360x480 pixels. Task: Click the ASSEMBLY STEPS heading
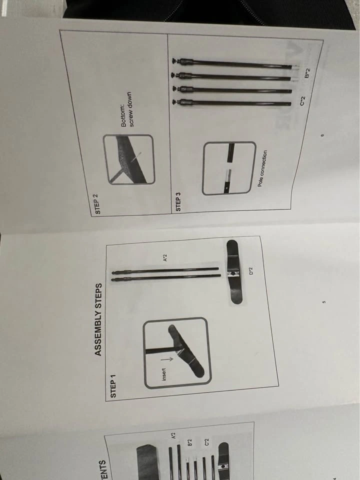click(98, 319)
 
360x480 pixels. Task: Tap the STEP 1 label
click(113, 389)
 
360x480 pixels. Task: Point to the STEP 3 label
click(177, 201)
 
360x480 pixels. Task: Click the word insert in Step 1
click(164, 374)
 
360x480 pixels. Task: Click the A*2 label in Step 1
click(165, 257)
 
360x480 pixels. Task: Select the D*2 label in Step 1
click(250, 271)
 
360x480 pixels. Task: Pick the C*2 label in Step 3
click(302, 101)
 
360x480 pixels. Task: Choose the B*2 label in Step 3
click(307, 73)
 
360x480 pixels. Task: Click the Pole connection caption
click(262, 168)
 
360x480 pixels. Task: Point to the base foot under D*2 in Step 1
click(235, 272)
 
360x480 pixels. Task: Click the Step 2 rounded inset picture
click(129, 159)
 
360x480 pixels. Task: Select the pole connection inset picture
click(229, 168)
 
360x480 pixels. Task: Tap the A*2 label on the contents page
click(173, 435)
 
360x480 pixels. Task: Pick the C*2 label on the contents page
click(206, 441)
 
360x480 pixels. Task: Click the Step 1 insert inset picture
click(177, 352)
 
